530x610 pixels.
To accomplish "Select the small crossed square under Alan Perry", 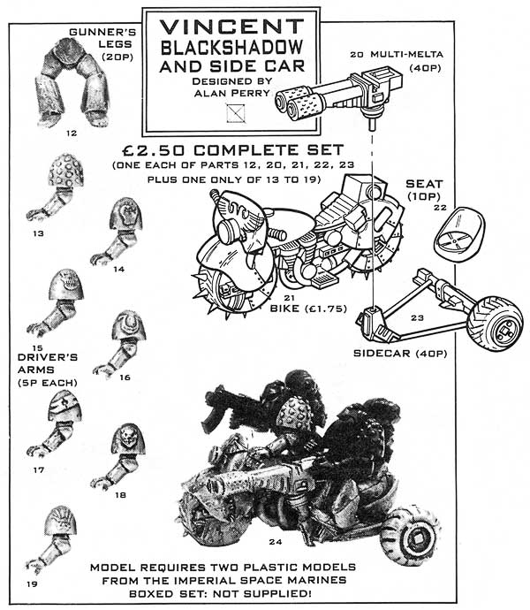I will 233,112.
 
